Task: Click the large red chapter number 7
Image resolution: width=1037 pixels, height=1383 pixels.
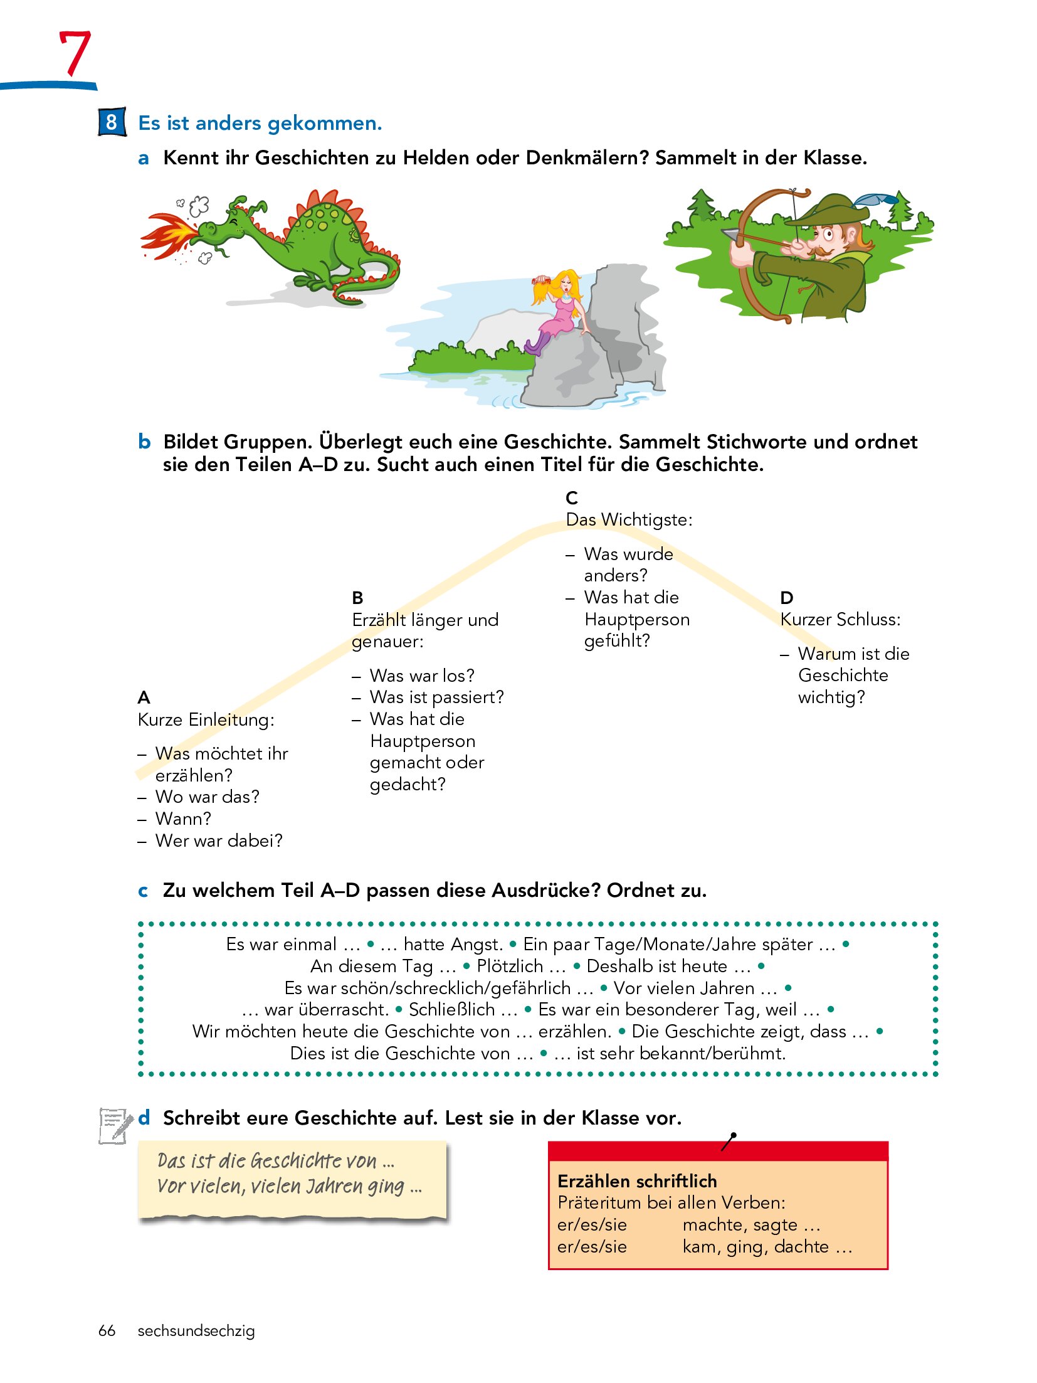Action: pos(75,53)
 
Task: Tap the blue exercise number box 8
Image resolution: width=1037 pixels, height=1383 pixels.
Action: pos(112,122)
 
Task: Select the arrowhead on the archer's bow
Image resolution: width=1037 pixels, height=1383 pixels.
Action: pos(730,235)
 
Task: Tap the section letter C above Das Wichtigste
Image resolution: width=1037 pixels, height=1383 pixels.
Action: pos(571,498)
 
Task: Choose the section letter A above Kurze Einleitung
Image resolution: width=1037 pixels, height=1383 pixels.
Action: pos(144,697)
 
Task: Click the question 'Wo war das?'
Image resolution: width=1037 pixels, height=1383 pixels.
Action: pos(207,797)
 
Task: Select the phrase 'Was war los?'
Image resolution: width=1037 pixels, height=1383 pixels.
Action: pos(421,676)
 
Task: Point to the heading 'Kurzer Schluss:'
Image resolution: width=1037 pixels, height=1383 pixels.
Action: pos(840,619)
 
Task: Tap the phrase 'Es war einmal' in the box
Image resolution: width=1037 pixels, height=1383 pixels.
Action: pos(282,944)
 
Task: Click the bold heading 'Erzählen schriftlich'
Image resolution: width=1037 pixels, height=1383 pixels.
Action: pos(637,1181)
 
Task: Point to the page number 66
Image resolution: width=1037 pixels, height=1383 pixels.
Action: pos(107,1330)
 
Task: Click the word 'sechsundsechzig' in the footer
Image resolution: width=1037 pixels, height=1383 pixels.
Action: pos(196,1330)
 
